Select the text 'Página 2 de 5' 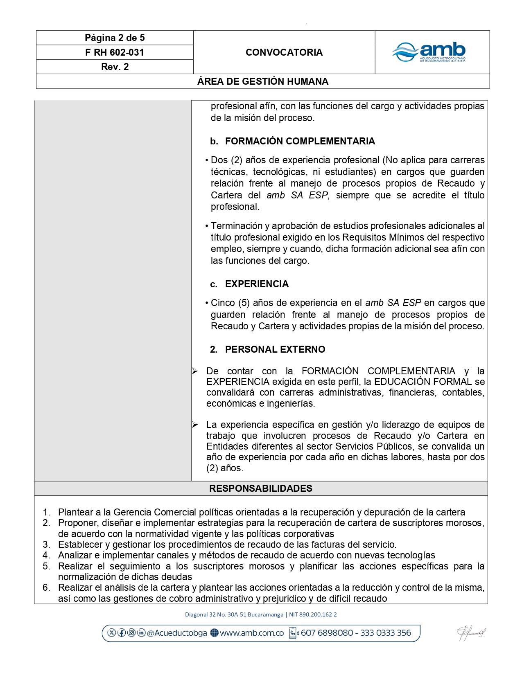click(x=115, y=38)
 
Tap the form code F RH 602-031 click(x=115, y=52)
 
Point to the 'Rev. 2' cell click(x=115, y=67)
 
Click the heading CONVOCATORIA click(x=284, y=52)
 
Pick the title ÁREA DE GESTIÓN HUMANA click(x=263, y=81)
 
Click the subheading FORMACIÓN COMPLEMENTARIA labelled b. click(x=300, y=141)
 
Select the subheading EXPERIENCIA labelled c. click(x=257, y=284)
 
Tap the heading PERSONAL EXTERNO click(x=275, y=349)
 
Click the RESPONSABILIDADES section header click(x=261, y=488)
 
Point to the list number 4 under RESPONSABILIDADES click(x=46, y=555)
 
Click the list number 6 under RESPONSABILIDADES click(x=46, y=587)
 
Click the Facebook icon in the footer click(x=122, y=633)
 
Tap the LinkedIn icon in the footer click(x=141, y=633)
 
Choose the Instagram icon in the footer click(x=131, y=633)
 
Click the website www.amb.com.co click(x=251, y=633)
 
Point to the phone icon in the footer click(x=293, y=633)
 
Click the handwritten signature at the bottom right click(x=471, y=633)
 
